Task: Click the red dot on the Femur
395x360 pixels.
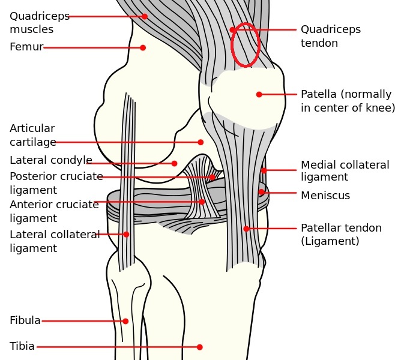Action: pos(143,47)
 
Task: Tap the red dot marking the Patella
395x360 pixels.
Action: pos(259,94)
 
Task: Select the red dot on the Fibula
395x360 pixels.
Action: pos(125,321)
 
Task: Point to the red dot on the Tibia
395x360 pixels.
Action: pos(199,347)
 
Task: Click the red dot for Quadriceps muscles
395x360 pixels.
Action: pos(145,16)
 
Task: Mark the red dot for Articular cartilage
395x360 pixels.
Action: pos(201,142)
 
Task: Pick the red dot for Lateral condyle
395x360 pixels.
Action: pos(174,163)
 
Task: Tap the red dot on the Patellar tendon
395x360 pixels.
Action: pos(246,229)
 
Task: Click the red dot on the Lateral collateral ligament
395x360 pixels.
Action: pos(126,235)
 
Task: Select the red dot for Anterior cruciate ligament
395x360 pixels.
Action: pos(202,202)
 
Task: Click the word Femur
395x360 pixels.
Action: pos(26,47)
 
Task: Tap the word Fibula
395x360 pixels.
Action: pos(25,320)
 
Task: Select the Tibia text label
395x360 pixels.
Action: pos(22,346)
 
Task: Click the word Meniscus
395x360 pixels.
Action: pos(325,196)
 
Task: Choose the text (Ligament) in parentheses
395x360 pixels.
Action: pos(330,241)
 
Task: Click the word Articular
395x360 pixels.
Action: pos(32,128)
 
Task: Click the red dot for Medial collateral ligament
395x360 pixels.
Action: pos(264,170)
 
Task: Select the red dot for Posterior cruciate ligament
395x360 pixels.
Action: pos(212,177)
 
